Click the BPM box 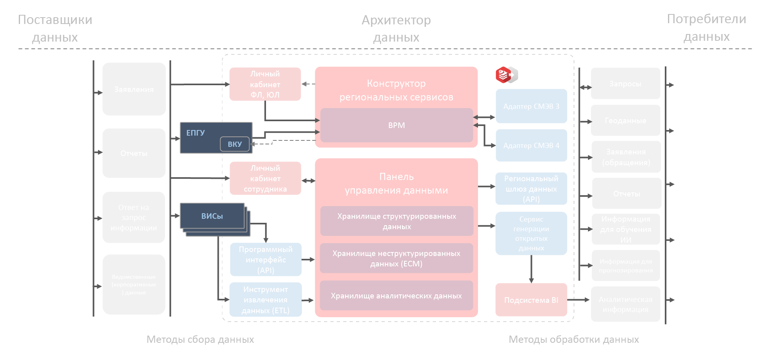(x=396, y=125)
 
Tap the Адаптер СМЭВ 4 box (x=531, y=146)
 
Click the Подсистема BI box (x=531, y=300)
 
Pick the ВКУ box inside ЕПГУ (x=235, y=144)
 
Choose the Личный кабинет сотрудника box (x=265, y=178)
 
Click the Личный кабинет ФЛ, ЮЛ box (x=265, y=84)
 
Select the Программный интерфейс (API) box (x=266, y=260)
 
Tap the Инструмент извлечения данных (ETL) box (x=266, y=300)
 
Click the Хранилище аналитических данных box (x=396, y=296)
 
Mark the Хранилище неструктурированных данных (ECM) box (x=396, y=258)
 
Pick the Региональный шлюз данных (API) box (x=531, y=189)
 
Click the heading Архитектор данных (x=396, y=28)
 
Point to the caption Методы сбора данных (x=200, y=339)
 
